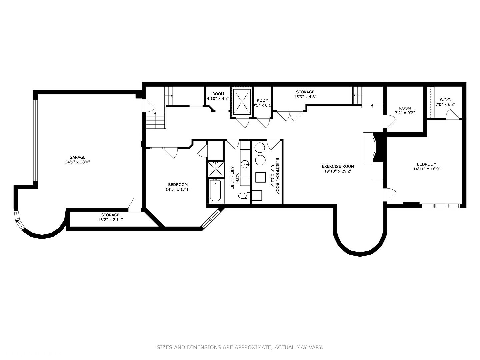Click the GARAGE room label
[x=77, y=157]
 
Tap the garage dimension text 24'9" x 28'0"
[x=77, y=162]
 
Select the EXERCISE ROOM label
[x=338, y=166]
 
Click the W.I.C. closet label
[x=445, y=100]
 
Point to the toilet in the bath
[x=244, y=196]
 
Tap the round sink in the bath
[x=246, y=164]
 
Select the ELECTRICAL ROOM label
[x=275, y=177]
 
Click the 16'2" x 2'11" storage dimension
[x=110, y=220]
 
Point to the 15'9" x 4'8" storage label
[x=305, y=97]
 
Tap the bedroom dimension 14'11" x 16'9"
[x=426, y=169]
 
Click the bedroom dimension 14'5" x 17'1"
[x=178, y=189]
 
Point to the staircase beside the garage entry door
[x=156, y=120]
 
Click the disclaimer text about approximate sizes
[x=240, y=347]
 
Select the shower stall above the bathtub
[x=215, y=169]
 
